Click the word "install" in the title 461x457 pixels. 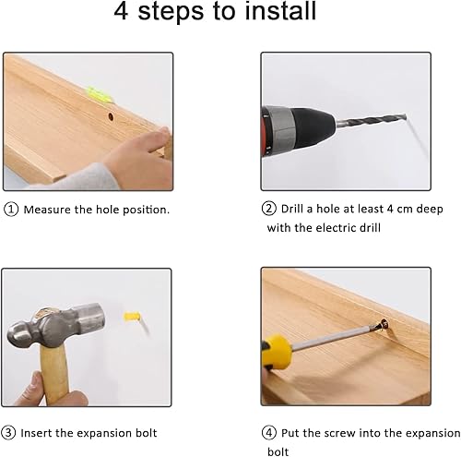[x=280, y=11]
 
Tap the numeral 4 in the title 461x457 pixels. [x=121, y=11]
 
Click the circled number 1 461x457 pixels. [x=11, y=210]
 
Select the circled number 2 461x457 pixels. [x=269, y=209]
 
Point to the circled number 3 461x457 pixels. [x=8, y=432]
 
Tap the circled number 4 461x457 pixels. [x=269, y=433]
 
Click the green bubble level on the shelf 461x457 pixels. [x=100, y=94]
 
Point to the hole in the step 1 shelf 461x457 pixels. [x=111, y=116]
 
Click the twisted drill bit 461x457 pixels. [x=372, y=120]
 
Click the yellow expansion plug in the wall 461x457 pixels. [x=132, y=317]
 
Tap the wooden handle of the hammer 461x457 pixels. [x=54, y=372]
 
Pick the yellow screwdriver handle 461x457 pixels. [x=276, y=353]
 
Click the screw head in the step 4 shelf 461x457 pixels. [x=384, y=324]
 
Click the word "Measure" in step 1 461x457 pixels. [x=47, y=210]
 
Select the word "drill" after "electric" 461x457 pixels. [x=371, y=228]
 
